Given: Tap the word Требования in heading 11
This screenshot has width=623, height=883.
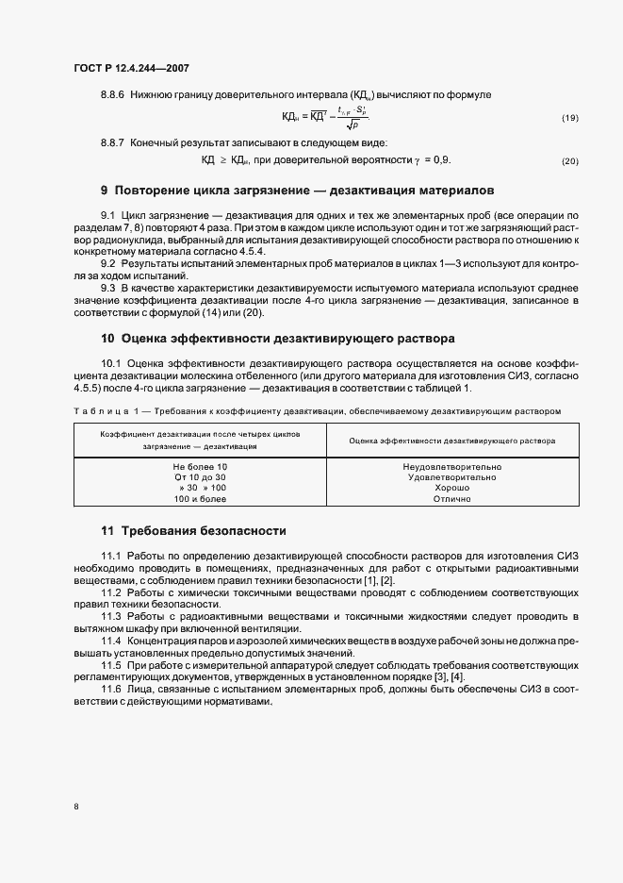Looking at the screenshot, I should (x=162, y=530).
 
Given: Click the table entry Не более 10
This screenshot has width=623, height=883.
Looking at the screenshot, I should (x=199, y=466).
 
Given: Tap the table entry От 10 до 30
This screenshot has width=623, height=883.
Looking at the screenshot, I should (x=199, y=477).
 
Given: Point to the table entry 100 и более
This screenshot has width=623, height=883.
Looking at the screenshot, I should (x=199, y=499).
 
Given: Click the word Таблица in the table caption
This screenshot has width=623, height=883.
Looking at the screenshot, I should (x=97, y=411).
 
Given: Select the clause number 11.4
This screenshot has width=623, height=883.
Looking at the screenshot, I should (x=112, y=641).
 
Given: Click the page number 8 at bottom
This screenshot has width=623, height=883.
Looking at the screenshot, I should (x=75, y=807).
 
